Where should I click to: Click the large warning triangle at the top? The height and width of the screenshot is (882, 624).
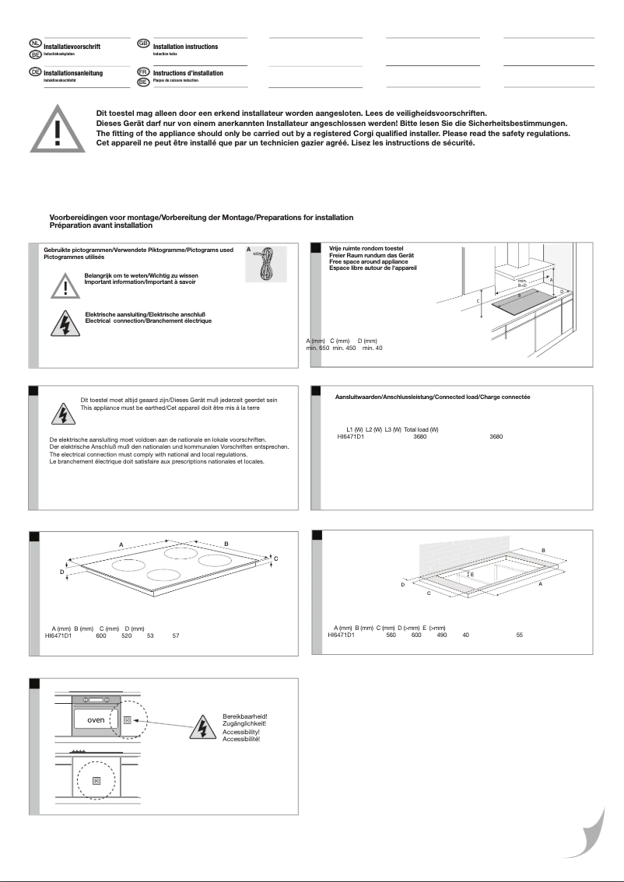tap(58, 129)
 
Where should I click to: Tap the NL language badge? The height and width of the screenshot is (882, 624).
tap(34, 41)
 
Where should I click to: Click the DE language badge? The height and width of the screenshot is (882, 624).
tap(34, 72)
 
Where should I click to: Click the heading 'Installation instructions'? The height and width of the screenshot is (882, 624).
tap(185, 47)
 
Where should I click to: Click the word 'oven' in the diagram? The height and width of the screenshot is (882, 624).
tap(95, 719)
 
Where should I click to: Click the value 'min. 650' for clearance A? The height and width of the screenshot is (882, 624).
tap(317, 348)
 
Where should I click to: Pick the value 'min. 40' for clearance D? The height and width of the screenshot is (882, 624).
tap(373, 348)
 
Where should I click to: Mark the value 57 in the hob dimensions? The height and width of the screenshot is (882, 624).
tap(176, 635)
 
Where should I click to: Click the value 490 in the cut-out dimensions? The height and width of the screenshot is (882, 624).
tap(441, 635)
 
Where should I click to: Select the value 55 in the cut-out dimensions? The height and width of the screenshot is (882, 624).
tap(519, 635)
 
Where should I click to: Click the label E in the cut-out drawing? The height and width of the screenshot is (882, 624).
tap(472, 574)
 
